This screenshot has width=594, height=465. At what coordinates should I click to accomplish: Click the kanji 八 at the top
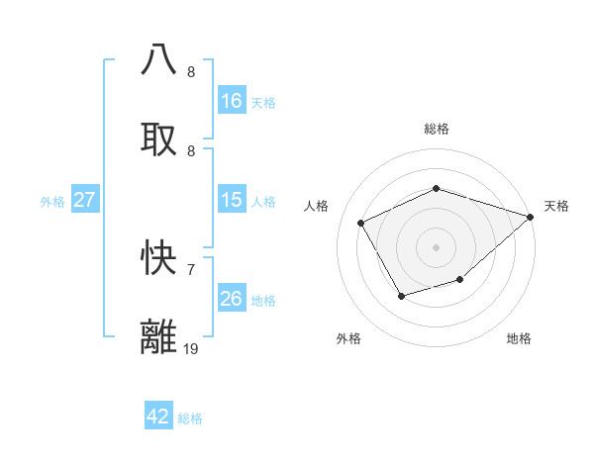(x=159, y=60)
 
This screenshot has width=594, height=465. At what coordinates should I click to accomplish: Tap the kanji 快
(x=159, y=258)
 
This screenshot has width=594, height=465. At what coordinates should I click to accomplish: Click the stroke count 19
(x=191, y=348)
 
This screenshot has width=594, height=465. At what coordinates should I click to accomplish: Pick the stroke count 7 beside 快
(x=191, y=269)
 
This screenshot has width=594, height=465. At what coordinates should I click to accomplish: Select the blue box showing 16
(x=232, y=101)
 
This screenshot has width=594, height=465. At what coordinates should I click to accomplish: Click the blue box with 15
(x=232, y=200)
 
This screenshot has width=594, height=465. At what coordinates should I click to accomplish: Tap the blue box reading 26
(x=232, y=299)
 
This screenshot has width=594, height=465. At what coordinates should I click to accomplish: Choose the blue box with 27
(x=85, y=200)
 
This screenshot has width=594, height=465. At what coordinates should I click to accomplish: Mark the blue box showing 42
(x=158, y=417)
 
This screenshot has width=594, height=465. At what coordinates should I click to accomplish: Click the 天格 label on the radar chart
(x=556, y=206)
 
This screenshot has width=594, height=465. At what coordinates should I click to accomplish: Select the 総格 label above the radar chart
(x=437, y=129)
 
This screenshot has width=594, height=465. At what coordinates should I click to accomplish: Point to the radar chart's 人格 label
(x=317, y=206)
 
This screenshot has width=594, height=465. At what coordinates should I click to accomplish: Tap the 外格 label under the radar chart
(x=347, y=338)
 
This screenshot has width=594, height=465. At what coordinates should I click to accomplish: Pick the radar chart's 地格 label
(x=519, y=338)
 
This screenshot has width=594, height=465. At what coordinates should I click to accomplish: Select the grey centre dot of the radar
(x=436, y=247)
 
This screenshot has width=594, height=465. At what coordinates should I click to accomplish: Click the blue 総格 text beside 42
(x=190, y=418)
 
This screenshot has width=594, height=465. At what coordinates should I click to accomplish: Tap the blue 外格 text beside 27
(x=52, y=202)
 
